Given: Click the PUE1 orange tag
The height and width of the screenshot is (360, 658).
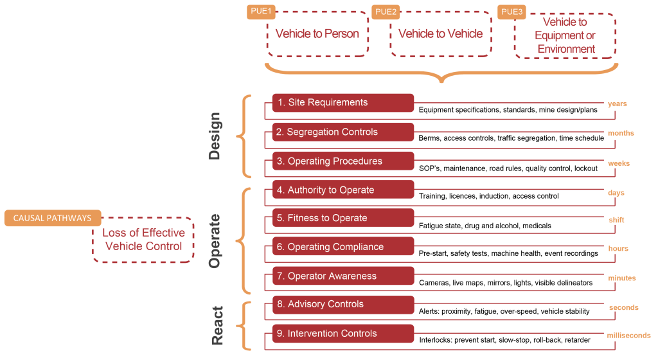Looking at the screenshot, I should tap(262, 12).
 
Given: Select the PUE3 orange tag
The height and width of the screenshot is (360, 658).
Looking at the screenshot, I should tap(512, 12).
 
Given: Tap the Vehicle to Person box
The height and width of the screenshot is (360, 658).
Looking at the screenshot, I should tap(317, 34).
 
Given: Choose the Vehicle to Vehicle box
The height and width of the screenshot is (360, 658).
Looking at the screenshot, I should tap(440, 34).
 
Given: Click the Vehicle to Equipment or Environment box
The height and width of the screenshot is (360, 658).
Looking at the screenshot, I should tap(565, 36).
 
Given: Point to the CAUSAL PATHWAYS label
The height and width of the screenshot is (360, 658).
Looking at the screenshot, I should tap(52, 218).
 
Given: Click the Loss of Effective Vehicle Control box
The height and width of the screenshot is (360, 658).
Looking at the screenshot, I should tap(143, 239).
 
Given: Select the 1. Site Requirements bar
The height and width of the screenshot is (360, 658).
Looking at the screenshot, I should tap(342, 103).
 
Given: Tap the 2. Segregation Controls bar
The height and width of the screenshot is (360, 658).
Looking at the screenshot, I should tap(342, 132).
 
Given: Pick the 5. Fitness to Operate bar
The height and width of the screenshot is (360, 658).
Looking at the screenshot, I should tap(342, 218).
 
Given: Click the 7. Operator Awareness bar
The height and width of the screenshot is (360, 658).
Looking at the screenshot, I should tap(342, 276).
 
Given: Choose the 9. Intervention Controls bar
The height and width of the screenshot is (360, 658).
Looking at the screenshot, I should tap(342, 333).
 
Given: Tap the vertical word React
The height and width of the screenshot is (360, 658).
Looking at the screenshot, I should tap(217, 325).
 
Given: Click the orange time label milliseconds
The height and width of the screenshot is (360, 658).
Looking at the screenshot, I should tap(628, 336).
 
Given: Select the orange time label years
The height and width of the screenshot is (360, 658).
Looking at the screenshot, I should tap(617, 104).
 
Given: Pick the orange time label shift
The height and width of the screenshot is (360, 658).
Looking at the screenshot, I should tap(616, 220).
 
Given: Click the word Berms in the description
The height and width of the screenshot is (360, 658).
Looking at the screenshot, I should tap(429, 138).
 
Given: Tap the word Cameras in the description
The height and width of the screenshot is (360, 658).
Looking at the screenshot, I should tap(435, 283).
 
